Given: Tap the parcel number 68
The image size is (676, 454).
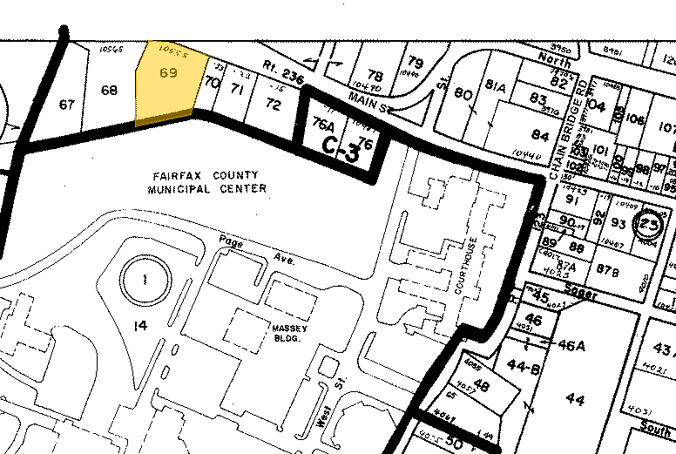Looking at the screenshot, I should point(109,91).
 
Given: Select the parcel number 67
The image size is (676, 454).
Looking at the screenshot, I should point(67,105).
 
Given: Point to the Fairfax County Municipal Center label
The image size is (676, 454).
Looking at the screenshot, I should point(206,182).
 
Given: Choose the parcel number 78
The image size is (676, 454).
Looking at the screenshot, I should point(375,77).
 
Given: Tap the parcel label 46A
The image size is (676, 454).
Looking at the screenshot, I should point(571,345).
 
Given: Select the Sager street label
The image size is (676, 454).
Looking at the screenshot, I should point(580,295).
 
